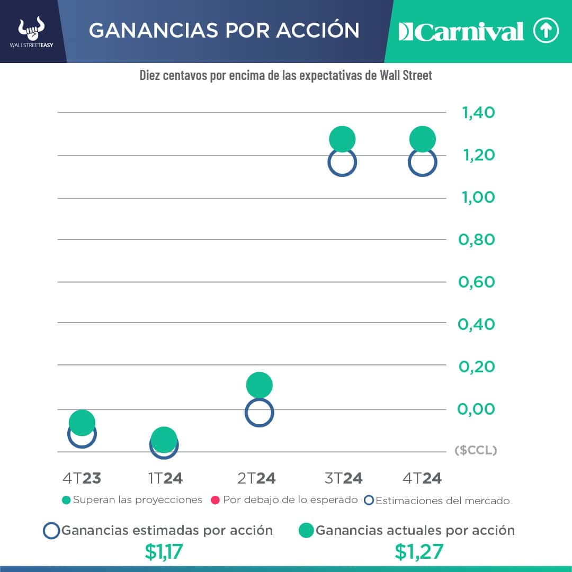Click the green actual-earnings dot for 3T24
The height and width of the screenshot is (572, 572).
pyautogui.click(x=342, y=140)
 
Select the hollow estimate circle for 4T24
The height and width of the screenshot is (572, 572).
pyautogui.click(x=423, y=162)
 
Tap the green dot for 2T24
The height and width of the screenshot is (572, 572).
pyautogui.click(x=259, y=385)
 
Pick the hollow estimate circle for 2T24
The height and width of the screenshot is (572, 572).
pyautogui.click(x=259, y=413)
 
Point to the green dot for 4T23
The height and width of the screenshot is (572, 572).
pyautogui.click(x=82, y=422)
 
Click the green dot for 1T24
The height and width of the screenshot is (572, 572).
pyautogui.click(x=164, y=439)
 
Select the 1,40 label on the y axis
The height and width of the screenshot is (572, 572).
pyautogui.click(x=478, y=113)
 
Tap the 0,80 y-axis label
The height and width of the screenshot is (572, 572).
pyautogui.click(x=477, y=239)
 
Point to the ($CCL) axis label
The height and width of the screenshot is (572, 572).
pyautogui.click(x=476, y=450)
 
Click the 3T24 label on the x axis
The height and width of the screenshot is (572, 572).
pyautogui.click(x=343, y=478)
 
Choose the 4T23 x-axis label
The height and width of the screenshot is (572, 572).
pyautogui.click(x=82, y=478)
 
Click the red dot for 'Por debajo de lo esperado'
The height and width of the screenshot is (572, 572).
pyautogui.click(x=216, y=500)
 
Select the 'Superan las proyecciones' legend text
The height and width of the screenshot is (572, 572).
pyautogui.click(x=137, y=500)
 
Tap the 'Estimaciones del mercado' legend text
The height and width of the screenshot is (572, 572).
pyautogui.click(x=442, y=501)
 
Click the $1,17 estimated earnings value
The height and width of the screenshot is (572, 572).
pyautogui.click(x=164, y=552)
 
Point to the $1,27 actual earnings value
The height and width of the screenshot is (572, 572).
pyautogui.click(x=418, y=552)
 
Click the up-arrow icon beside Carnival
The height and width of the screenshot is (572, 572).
pyautogui.click(x=546, y=31)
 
